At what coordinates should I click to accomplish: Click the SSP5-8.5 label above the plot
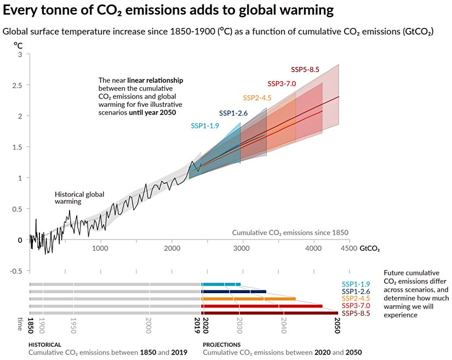coord(305,70)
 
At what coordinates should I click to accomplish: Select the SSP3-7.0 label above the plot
coord(282,84)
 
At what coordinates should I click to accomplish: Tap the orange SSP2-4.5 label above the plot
coord(258,98)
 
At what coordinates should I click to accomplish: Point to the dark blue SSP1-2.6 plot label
coord(233,113)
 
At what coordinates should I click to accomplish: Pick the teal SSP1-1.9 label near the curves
coord(205,125)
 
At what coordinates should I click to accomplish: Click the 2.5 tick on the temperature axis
coord(16,85)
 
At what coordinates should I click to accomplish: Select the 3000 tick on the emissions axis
coord(243,248)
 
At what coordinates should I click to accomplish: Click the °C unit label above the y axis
coord(18,45)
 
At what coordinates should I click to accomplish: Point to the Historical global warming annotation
coord(79,198)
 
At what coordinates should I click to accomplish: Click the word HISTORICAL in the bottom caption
coord(45,345)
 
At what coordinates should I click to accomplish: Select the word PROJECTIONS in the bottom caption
coord(221,345)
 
